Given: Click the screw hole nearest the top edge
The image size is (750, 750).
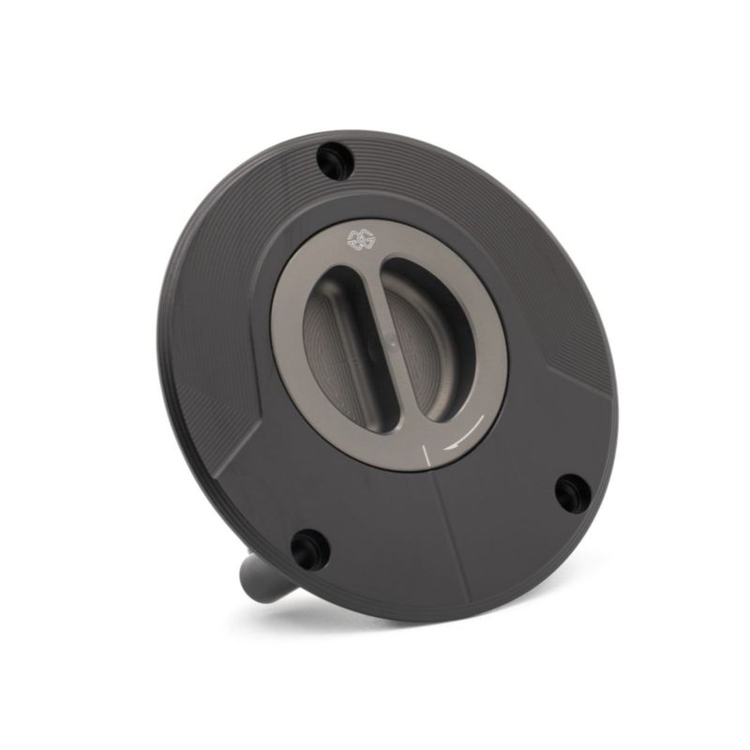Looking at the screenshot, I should (x=334, y=161).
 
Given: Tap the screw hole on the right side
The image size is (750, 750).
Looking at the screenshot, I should (x=572, y=491).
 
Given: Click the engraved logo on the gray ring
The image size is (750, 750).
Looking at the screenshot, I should (x=360, y=239).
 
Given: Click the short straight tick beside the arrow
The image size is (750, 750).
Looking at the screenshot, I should (x=427, y=456).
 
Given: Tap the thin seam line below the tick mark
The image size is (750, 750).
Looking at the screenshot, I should (x=450, y=534).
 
